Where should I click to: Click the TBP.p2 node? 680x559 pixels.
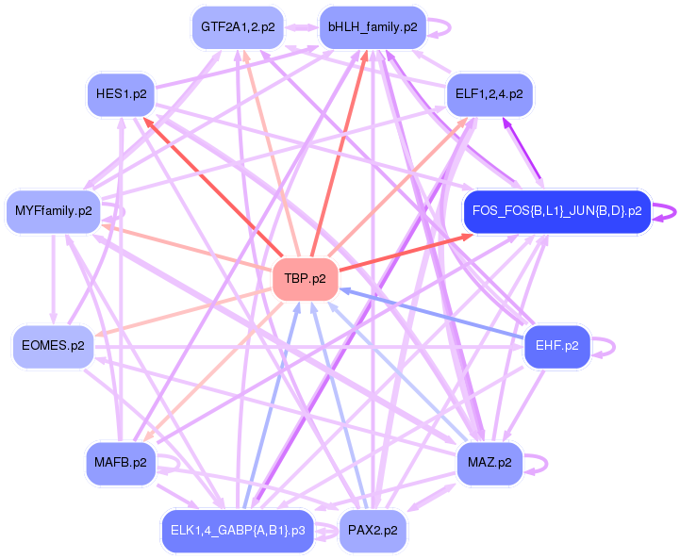[x=305, y=279]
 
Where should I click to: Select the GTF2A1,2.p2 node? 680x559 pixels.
[x=238, y=27]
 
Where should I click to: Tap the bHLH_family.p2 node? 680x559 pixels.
[x=372, y=27]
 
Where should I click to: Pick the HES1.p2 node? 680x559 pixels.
[x=122, y=94]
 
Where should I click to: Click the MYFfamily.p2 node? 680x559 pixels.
[x=53, y=211]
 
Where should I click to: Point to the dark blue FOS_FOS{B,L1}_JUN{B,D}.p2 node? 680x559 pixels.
[x=556, y=211]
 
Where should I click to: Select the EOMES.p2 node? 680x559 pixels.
[x=53, y=346]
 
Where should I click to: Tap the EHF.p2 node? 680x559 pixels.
[x=556, y=346]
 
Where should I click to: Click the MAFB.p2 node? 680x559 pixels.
[x=121, y=463]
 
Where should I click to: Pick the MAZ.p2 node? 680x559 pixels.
[x=489, y=463]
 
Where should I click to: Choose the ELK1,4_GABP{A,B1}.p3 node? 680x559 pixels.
[x=238, y=531]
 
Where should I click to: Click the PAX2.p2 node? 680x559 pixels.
[x=372, y=531]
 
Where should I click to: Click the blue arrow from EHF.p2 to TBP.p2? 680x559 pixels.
[x=434, y=315]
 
